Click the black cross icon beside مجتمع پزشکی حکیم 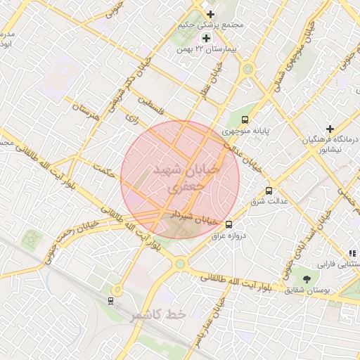[x=210, y=14]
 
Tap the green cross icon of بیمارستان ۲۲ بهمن [x=206, y=38]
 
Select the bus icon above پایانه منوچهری [x=245, y=120]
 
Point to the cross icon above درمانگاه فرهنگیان [x=330, y=129]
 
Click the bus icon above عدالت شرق [x=269, y=191]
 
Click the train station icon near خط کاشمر [x=110, y=301]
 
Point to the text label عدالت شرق [x=266, y=202]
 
